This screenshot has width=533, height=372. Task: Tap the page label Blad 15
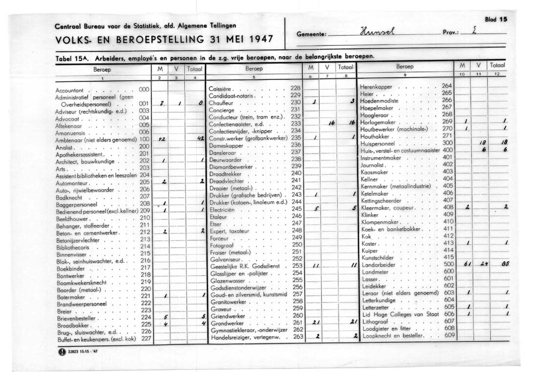[x=496, y=20]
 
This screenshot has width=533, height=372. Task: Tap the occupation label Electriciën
[x=222, y=209]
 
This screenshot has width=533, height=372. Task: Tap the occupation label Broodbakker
[x=71, y=325]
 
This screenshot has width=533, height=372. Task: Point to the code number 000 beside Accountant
[x=144, y=90]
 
